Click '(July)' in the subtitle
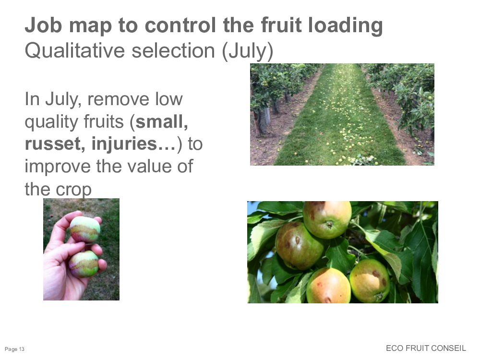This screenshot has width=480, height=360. coord(248,51)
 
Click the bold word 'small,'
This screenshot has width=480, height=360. coord(162,121)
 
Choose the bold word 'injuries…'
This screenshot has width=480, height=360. coord(134,144)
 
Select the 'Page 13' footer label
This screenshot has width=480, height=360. coord(14,349)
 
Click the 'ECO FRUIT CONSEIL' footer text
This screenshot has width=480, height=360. coord(426,348)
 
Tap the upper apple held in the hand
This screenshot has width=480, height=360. coord(85,229)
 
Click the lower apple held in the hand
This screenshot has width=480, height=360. coord(83,264)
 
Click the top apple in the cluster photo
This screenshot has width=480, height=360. coord(327,219)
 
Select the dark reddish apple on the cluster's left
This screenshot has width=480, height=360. coord(298,246)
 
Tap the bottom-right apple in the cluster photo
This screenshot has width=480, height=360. coord(370,280)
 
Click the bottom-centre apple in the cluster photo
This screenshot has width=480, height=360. coord(328,286)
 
